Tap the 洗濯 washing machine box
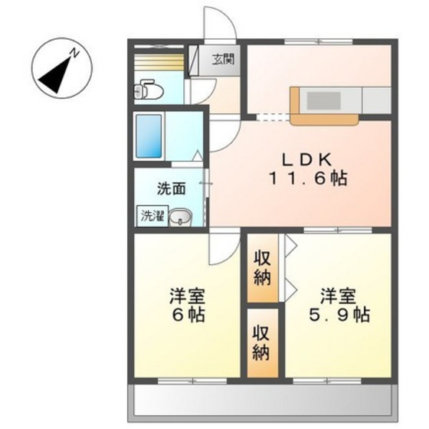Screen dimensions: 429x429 pyautogui.click(x=151, y=216)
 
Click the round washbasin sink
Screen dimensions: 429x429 pyautogui.click(x=182, y=218)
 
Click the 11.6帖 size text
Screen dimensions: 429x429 pyautogui.click(x=306, y=179)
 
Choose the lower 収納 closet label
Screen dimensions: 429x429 pyautogui.click(x=262, y=342)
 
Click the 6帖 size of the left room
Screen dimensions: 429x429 pyautogui.click(x=188, y=315)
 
